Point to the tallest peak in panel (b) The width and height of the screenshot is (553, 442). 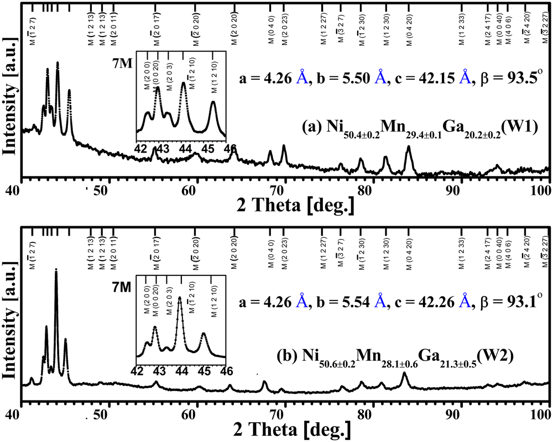click(56, 271)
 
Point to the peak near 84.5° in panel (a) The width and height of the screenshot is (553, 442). click(408, 147)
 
